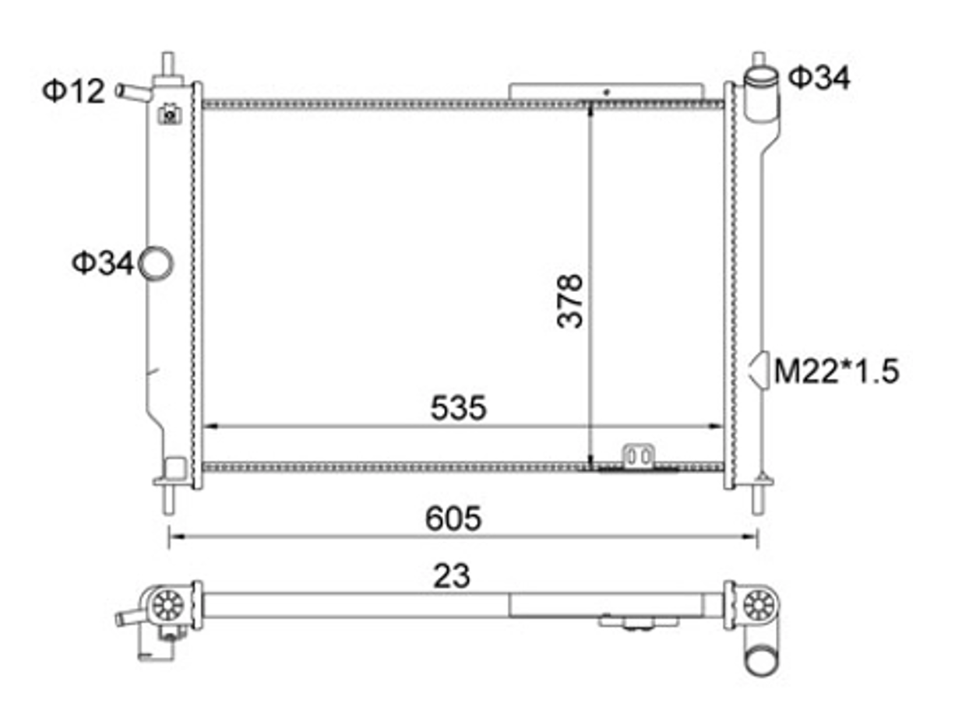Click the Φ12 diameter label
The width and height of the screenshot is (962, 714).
(x=74, y=91)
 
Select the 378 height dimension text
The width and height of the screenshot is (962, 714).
(x=569, y=301)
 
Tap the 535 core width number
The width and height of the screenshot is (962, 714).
(x=459, y=408)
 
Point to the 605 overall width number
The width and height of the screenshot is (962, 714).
(x=453, y=519)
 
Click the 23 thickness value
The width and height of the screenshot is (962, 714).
(x=452, y=576)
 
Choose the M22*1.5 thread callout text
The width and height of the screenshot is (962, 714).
(x=837, y=371)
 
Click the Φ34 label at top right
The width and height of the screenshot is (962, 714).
(x=819, y=78)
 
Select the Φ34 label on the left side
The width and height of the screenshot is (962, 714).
(x=103, y=263)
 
